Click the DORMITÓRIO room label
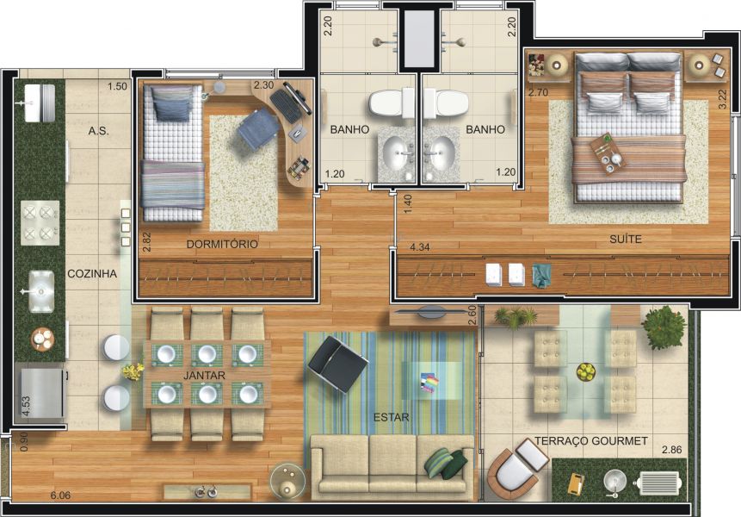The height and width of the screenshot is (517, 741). [222, 244]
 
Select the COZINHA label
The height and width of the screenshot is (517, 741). [92, 274]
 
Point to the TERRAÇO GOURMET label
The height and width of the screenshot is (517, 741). [591, 440]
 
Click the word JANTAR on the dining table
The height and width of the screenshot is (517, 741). [204, 376]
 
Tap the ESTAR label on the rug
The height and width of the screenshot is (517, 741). [391, 418]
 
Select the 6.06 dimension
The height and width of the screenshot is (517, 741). [60, 495]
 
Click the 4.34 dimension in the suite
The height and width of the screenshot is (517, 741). [419, 247]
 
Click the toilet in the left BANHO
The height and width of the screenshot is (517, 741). [392, 105]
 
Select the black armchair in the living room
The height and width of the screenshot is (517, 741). [337, 363]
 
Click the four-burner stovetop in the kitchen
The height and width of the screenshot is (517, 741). [40, 221]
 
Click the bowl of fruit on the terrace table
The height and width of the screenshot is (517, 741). [585, 372]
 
